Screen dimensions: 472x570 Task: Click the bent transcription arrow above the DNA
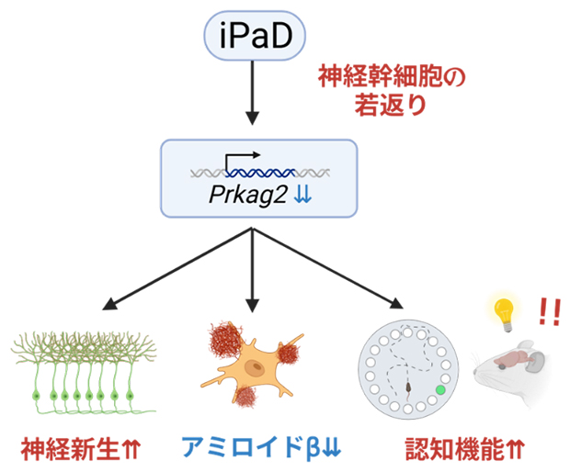242,159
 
